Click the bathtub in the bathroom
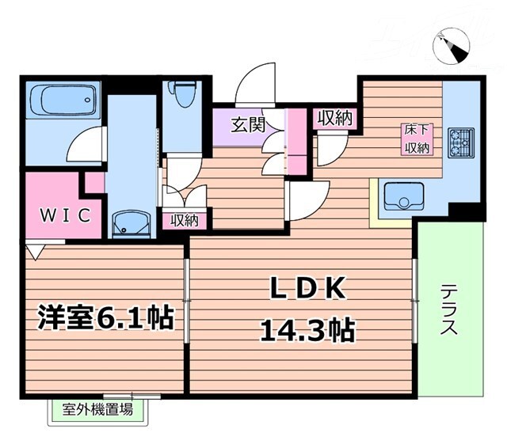[60, 103]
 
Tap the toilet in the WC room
[183, 96]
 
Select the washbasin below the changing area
[131, 224]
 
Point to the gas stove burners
[459, 142]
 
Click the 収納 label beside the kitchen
[335, 118]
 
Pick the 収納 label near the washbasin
[185, 220]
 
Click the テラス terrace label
[448, 310]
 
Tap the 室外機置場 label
[98, 409]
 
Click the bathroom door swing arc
[82, 147]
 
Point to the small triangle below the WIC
[34, 251]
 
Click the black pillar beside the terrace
[467, 211]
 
